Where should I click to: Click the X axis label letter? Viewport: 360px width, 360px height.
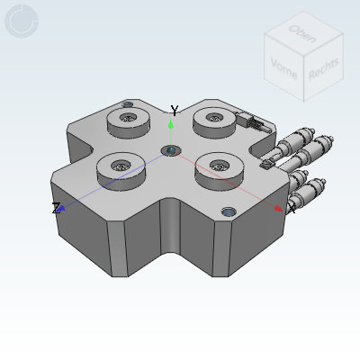pyautogui.click(x=291, y=209)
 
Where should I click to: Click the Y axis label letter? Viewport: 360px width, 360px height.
pyautogui.click(x=175, y=111)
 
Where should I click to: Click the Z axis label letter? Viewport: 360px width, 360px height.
pyautogui.click(x=56, y=208)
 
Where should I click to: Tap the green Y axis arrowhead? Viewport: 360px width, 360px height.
pyautogui.click(x=171, y=124)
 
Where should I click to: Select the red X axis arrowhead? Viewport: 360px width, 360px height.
pyautogui.click(x=278, y=208)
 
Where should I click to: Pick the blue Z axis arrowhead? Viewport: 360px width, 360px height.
pyautogui.click(x=62, y=208)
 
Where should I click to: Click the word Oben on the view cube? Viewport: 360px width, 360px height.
pyautogui.click(x=301, y=33)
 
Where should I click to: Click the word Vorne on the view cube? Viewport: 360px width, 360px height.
pyautogui.click(x=283, y=68)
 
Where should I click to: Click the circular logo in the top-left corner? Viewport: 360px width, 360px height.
pyautogui.click(x=22, y=22)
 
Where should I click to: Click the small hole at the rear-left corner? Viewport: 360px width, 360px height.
pyautogui.click(x=127, y=105)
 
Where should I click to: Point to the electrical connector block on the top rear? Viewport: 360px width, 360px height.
pyautogui.click(x=252, y=121)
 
